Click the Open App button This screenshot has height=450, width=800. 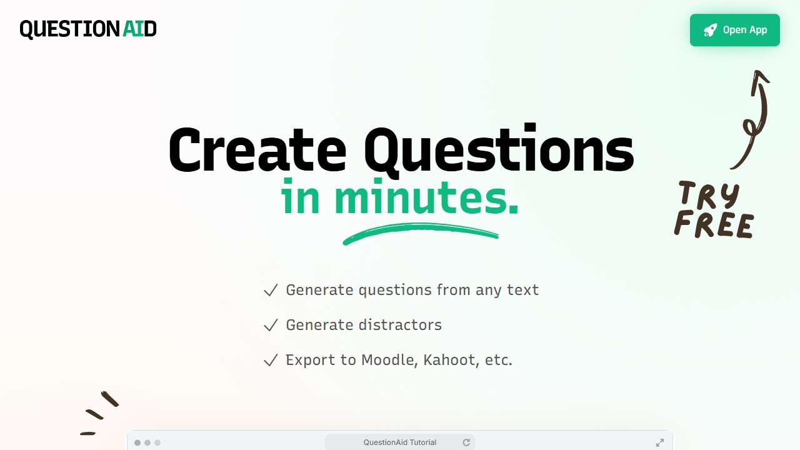[734, 30]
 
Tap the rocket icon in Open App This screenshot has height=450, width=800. [710, 30]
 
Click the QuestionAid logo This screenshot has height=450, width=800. [88, 29]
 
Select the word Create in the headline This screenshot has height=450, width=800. [257, 151]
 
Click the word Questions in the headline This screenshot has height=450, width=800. [499, 151]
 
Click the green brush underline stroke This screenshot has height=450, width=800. [420, 232]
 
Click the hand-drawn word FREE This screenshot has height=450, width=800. [714, 225]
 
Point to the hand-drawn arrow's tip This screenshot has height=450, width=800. [761, 74]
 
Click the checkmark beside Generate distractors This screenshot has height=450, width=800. [271, 326]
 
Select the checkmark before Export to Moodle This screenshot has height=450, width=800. [271, 361]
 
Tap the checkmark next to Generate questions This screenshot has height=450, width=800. [271, 291]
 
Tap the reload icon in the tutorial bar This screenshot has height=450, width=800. [466, 442]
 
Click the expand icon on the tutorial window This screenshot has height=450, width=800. [660, 442]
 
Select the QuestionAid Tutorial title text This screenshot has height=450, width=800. [400, 442]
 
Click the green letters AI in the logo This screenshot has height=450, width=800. [132, 29]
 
